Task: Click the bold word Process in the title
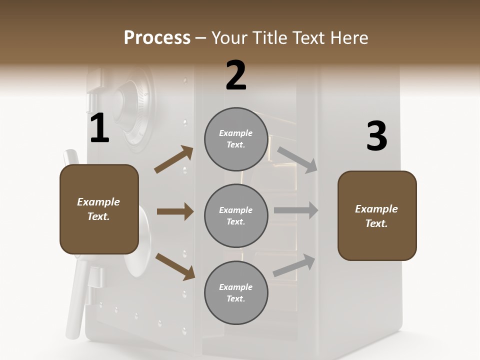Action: (157, 38)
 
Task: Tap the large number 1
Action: (99, 128)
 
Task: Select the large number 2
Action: (236, 75)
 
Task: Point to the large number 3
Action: (376, 136)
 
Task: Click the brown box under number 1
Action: (99, 209)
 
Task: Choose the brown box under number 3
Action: (377, 216)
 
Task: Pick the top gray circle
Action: (236, 139)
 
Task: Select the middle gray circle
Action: (236, 216)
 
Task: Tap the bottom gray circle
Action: (236, 293)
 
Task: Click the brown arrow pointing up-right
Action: (174, 159)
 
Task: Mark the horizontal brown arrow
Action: (175, 211)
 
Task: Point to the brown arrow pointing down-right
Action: (175, 266)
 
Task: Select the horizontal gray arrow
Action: (296, 210)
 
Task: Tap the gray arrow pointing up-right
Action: (294, 265)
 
